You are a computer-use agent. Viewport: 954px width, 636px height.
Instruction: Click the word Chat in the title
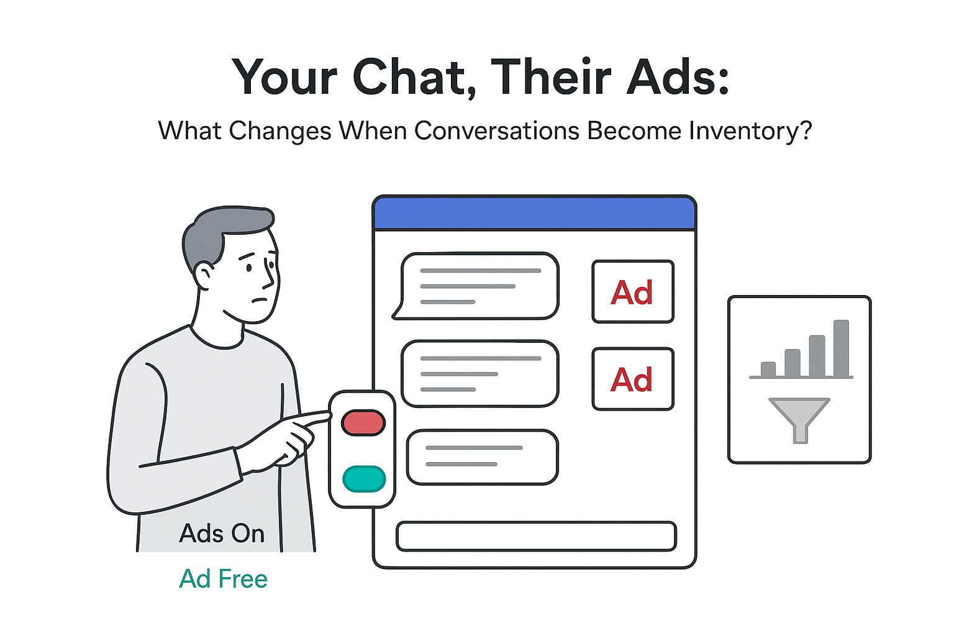point(409,77)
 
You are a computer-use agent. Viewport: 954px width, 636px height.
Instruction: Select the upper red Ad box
point(632,292)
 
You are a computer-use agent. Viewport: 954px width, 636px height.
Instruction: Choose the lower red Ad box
point(632,379)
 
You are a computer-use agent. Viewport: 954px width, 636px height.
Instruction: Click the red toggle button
point(363,422)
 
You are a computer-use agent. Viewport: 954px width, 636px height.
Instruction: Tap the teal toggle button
point(364,479)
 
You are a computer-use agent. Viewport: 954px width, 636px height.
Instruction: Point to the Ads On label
point(222,534)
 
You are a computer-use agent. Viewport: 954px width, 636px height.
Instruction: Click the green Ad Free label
point(223,579)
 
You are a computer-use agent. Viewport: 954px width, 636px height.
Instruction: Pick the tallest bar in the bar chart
point(841,348)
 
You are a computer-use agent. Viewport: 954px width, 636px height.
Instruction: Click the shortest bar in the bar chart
point(768,369)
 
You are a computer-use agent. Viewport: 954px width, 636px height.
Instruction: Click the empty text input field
point(535,536)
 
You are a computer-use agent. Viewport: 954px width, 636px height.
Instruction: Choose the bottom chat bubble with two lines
point(482,457)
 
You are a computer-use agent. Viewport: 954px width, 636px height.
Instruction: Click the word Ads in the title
point(677,77)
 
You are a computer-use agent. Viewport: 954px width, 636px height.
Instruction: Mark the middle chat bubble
point(479,373)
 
